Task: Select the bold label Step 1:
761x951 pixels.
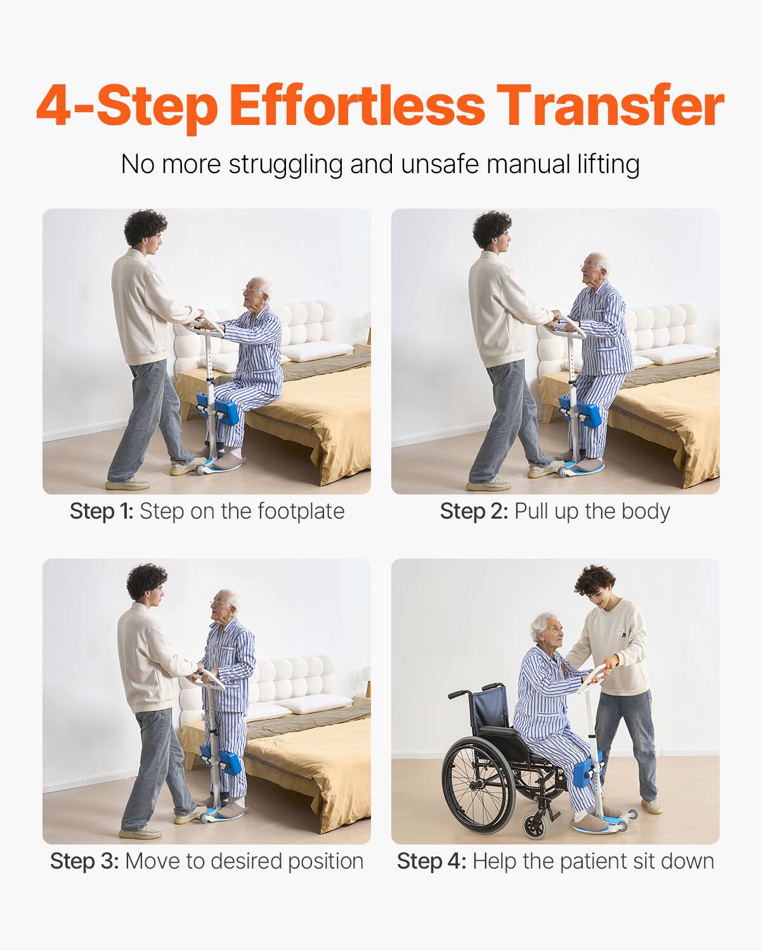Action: (101, 511)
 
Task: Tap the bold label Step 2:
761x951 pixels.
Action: (474, 511)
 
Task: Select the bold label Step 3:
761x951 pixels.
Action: (84, 861)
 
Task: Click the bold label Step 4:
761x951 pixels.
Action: (431, 861)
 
